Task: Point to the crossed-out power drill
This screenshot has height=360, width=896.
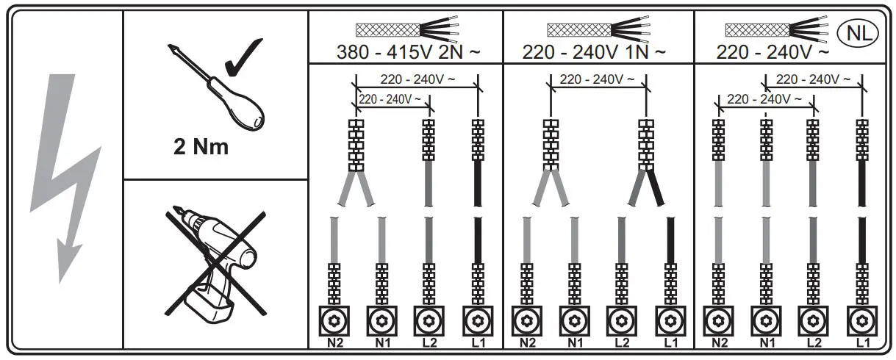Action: click(x=215, y=264)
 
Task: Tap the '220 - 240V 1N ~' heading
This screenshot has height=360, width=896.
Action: click(x=594, y=53)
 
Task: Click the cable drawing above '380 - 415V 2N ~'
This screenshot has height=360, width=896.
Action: click(x=408, y=29)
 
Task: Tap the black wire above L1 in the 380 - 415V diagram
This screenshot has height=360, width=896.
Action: click(x=478, y=242)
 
